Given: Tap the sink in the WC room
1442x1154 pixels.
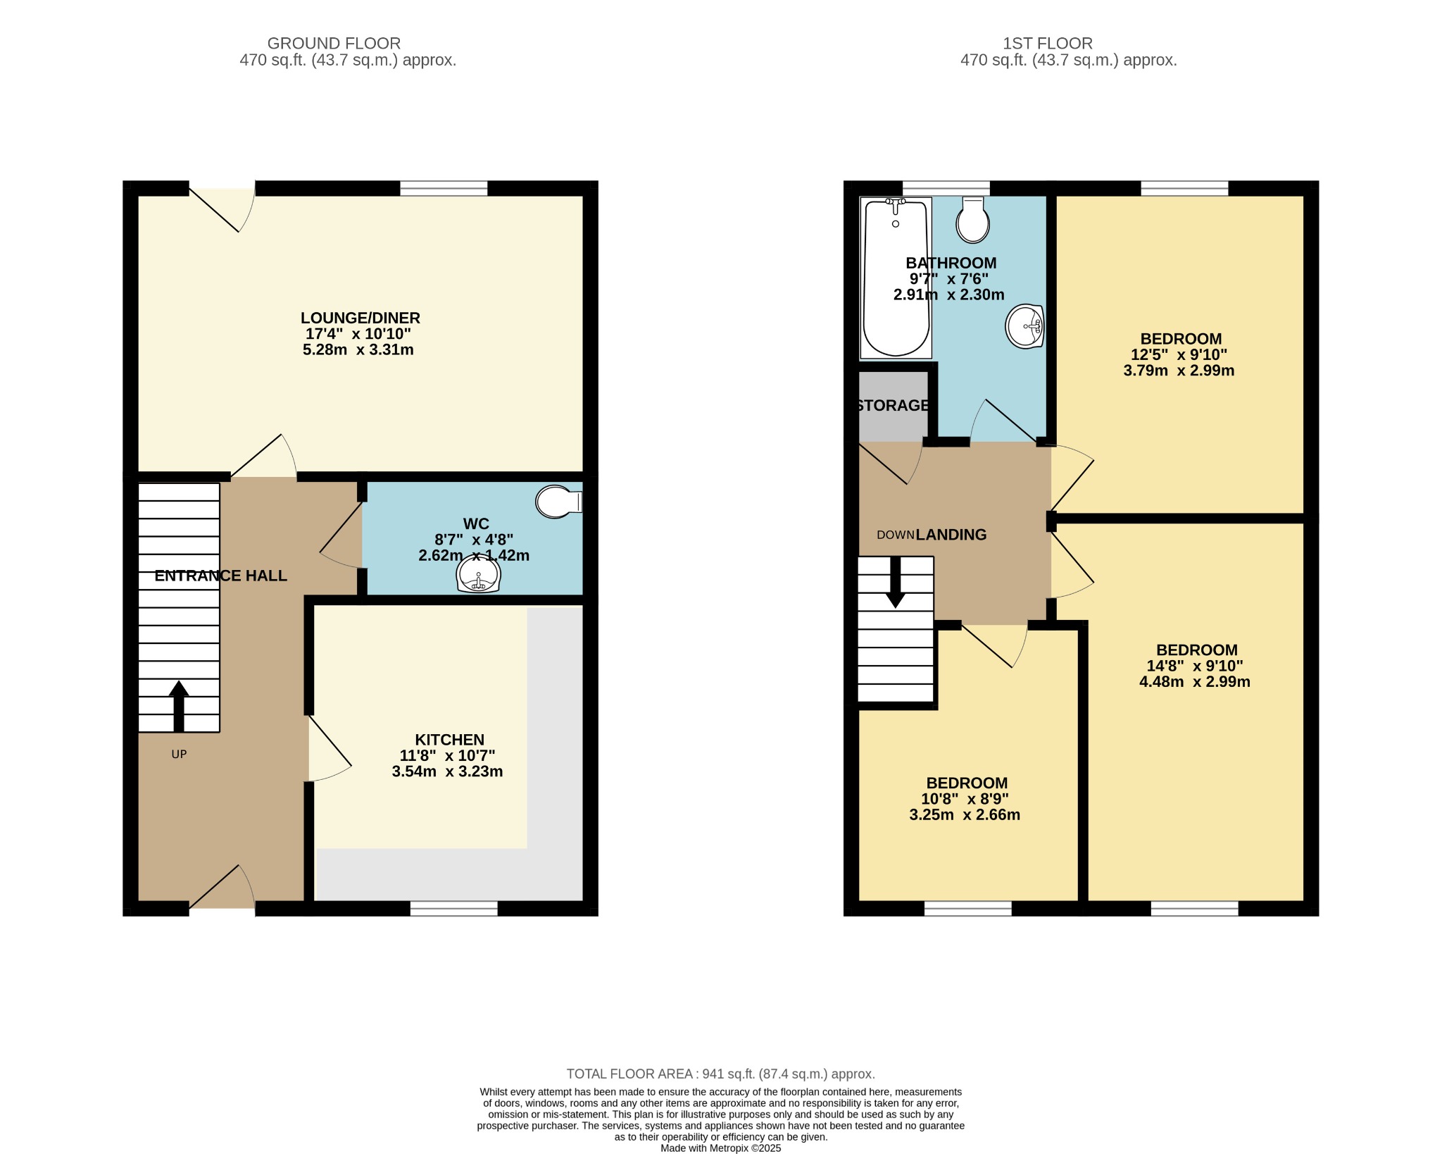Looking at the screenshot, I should [x=478, y=574].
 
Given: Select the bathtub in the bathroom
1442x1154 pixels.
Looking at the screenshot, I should [x=896, y=278].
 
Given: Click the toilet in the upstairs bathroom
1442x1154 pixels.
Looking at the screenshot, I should [x=973, y=221].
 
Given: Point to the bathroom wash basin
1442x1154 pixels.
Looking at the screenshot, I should [x=1024, y=326].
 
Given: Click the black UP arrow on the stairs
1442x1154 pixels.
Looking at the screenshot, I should [x=179, y=706].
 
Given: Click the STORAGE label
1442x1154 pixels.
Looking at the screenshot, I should [x=893, y=406].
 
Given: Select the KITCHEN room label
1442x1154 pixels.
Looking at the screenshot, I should [x=449, y=740].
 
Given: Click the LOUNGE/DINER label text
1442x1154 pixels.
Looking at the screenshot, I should [x=360, y=318].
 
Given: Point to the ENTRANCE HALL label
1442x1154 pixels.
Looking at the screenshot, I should [x=220, y=576].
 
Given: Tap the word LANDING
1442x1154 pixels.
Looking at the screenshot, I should [x=951, y=535].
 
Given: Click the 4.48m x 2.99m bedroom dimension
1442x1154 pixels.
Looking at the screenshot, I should [x=1194, y=681].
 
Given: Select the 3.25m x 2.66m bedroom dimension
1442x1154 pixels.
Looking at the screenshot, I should [x=965, y=815].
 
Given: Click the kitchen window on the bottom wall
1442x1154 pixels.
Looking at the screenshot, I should [x=453, y=908].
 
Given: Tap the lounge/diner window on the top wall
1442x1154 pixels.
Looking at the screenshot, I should [x=444, y=188].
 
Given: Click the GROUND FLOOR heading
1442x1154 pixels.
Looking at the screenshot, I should [x=334, y=44].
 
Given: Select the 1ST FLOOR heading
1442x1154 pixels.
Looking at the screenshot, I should [x=1047, y=44].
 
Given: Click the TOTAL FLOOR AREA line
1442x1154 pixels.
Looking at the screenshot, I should [x=720, y=1074].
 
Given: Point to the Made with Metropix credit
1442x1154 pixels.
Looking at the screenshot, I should [x=720, y=1148].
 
